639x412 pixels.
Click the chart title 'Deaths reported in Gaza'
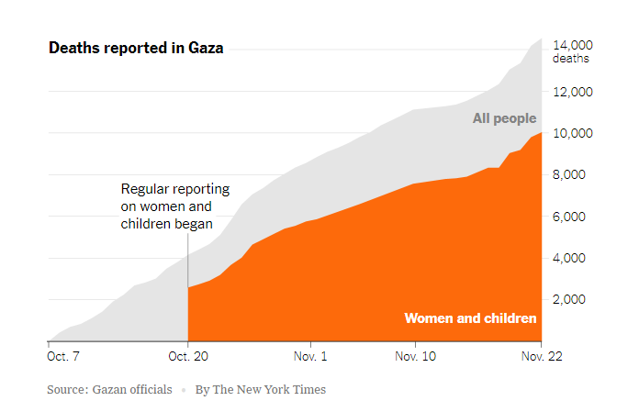[x=136, y=48]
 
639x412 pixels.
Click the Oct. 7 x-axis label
[x=64, y=354]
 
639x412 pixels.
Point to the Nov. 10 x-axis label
[x=416, y=354]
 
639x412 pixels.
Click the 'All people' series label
[x=504, y=118]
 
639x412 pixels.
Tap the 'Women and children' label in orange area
[x=470, y=318]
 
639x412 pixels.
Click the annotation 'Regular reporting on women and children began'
[x=174, y=206]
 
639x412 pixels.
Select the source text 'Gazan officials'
[x=133, y=390]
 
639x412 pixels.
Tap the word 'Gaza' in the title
[x=204, y=48]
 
